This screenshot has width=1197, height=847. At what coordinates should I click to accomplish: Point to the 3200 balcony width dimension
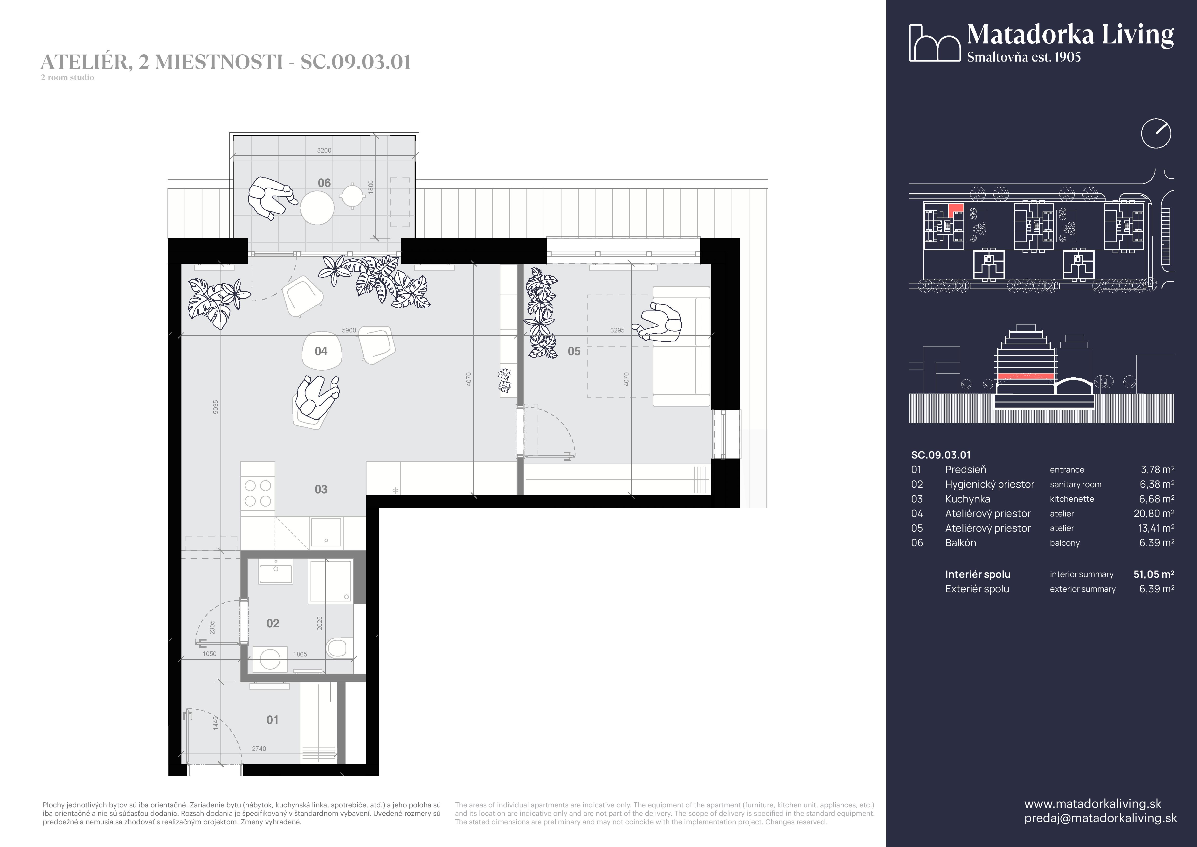[x=324, y=150]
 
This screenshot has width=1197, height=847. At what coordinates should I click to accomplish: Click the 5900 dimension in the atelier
[x=349, y=330]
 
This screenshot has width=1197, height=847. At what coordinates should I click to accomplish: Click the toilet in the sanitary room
[x=337, y=648]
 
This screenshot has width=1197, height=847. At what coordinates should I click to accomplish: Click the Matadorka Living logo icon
[x=934, y=43]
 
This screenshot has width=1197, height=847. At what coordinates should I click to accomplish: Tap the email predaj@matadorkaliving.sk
[x=1100, y=818]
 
